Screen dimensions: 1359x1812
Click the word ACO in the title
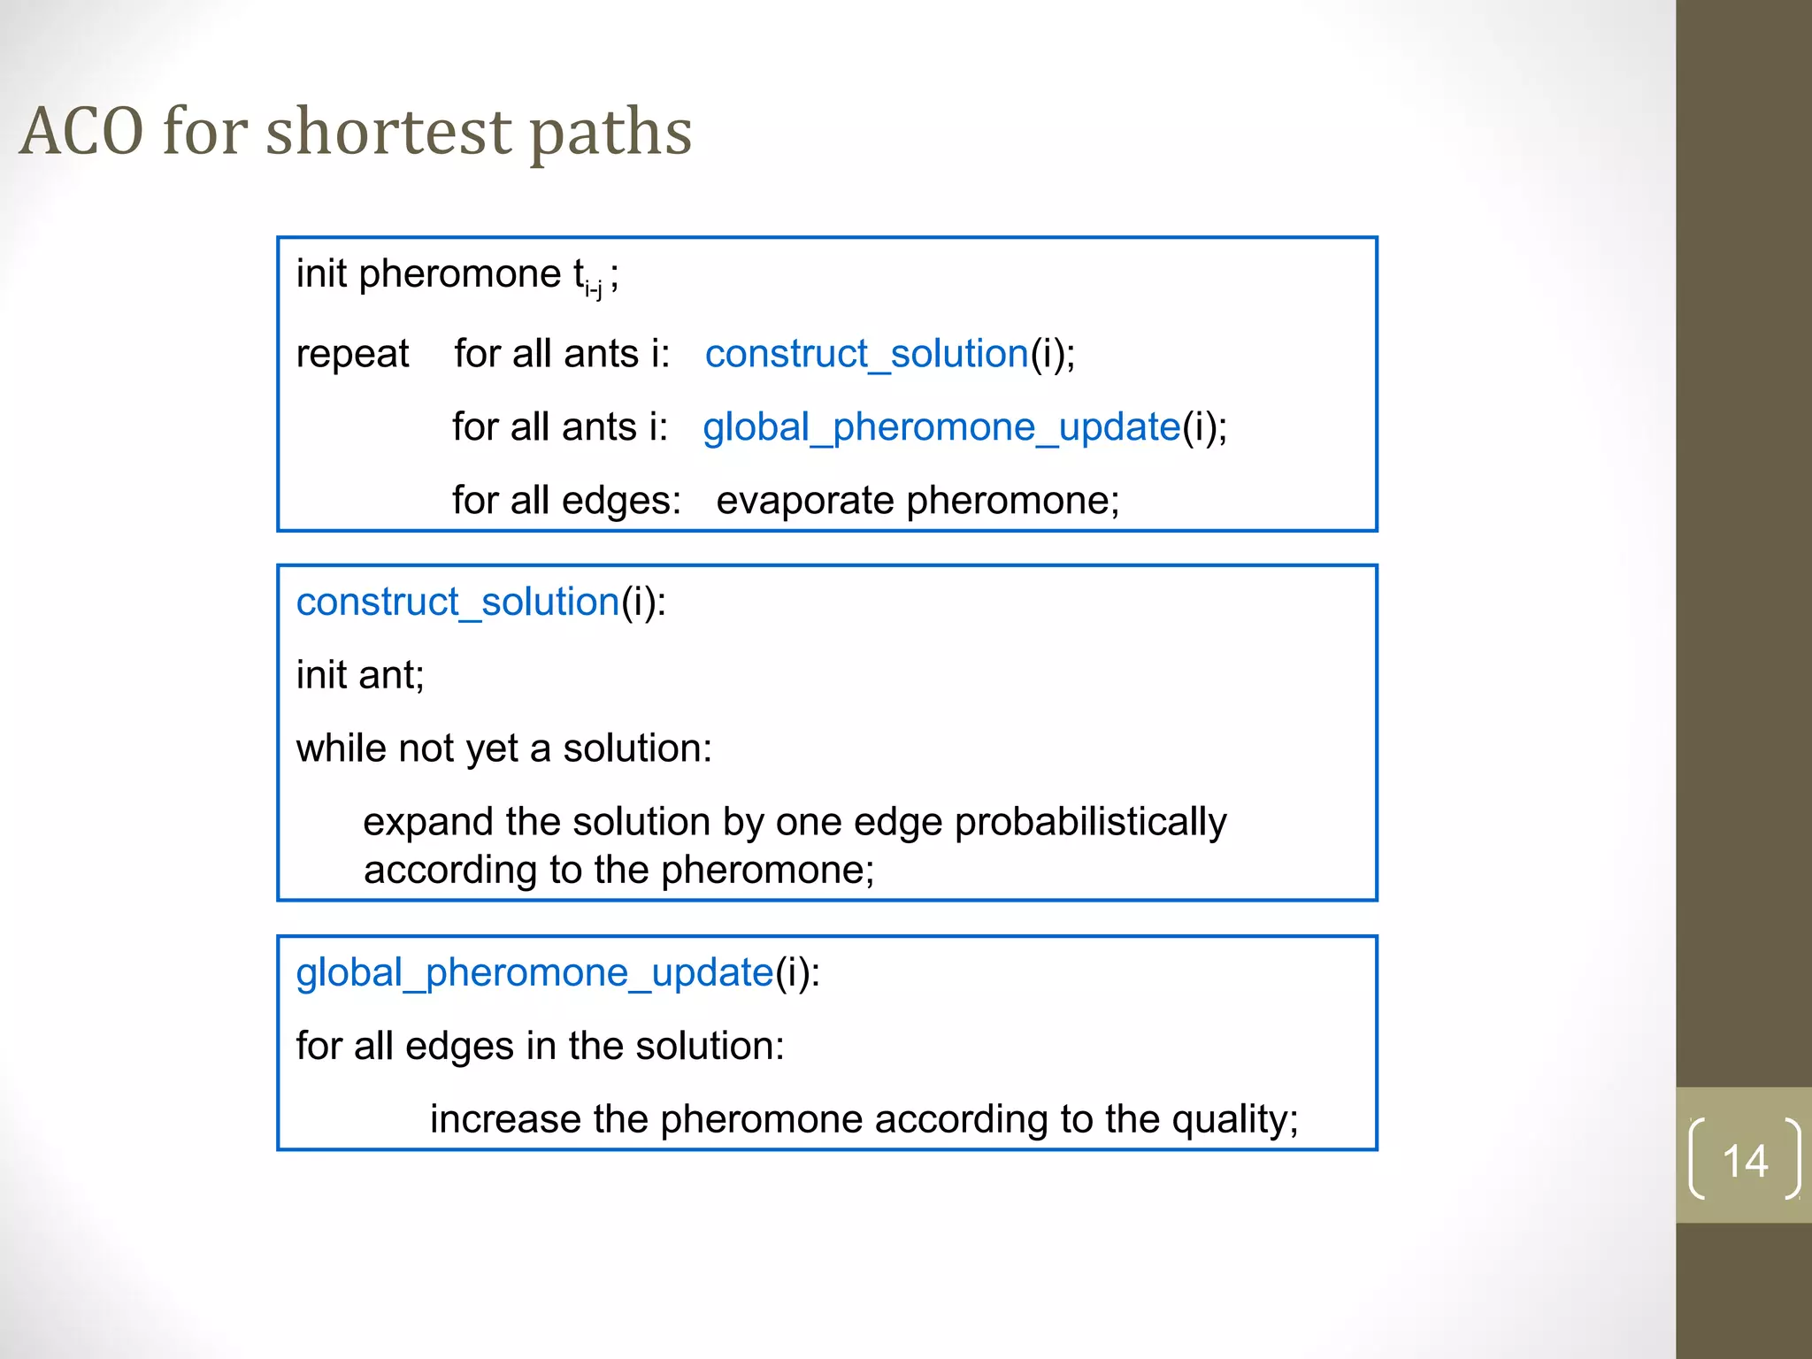[81, 131]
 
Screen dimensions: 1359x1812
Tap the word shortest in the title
[388, 131]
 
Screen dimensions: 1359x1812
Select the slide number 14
[1744, 1160]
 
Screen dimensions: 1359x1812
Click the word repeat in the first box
[352, 355]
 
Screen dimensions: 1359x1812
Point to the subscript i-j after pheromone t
[593, 288]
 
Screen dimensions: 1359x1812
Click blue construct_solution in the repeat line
[866, 355]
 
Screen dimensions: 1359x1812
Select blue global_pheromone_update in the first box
[941, 428]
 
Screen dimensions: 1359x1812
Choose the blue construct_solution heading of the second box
[457, 603]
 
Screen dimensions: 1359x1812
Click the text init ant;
[360, 676]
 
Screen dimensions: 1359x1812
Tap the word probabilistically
[1090, 823]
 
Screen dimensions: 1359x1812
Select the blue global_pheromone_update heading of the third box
[534, 973]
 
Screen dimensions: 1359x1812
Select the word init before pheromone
[321, 274]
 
